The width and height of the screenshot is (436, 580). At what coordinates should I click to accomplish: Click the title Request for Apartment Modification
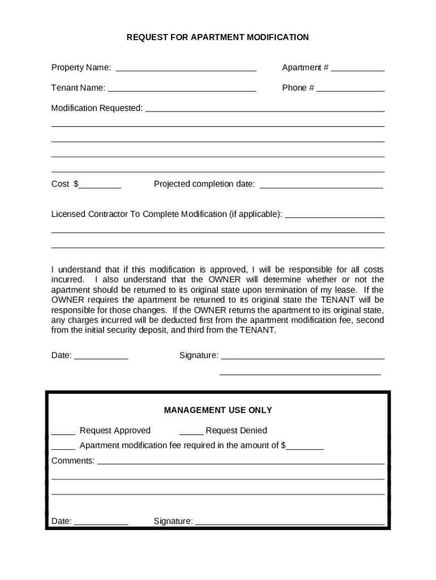coord(217,37)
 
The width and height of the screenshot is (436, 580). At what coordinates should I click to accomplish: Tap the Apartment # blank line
coord(357,69)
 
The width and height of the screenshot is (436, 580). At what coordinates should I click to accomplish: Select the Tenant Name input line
coord(182,88)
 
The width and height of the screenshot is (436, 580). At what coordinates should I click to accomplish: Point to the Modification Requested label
coord(97,108)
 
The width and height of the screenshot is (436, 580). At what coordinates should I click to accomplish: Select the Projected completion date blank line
coord(320,185)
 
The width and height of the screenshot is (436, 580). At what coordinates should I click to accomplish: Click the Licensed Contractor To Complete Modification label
coord(166,214)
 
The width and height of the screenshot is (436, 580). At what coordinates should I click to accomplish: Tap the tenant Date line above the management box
coord(101,356)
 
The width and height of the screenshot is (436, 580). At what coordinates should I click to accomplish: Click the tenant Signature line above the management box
coord(302,356)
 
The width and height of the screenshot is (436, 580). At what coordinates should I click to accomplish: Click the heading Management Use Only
coord(218,410)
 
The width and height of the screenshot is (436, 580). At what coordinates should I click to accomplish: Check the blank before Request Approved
coord(63,432)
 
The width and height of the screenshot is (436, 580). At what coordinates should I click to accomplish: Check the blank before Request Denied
coord(191,432)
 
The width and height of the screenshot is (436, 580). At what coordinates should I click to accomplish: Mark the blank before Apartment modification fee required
coord(63,446)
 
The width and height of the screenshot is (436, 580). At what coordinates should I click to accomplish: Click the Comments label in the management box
coord(73,461)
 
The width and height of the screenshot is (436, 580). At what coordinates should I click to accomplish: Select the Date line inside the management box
coord(101,522)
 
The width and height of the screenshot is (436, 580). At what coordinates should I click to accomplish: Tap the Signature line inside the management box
coord(289,522)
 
